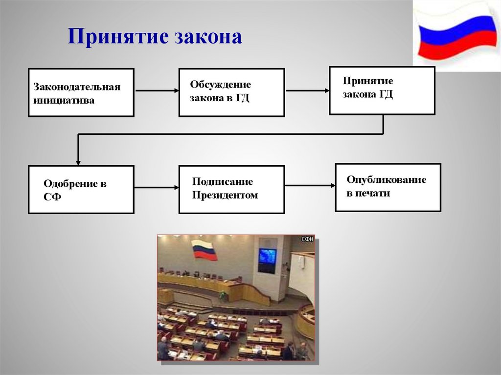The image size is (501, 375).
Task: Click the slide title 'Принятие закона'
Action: point(155,37)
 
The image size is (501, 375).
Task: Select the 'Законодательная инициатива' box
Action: point(81,92)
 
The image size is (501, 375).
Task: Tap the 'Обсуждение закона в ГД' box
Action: point(231,92)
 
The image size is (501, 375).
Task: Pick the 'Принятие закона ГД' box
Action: point(382,90)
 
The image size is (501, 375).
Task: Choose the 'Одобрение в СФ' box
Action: point(81,190)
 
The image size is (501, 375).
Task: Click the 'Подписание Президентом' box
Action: point(231,190)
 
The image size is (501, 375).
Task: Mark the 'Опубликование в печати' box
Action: point(387,187)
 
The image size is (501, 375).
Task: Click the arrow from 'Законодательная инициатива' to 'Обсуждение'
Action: point(156,90)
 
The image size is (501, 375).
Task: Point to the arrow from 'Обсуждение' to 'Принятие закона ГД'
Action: point(307,90)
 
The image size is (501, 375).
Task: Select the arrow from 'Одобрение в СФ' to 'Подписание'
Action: point(156,187)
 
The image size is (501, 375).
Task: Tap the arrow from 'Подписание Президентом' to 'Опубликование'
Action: point(310,185)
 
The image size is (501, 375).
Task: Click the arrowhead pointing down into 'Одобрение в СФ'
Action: point(78,162)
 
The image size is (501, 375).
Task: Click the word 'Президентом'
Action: point(225,196)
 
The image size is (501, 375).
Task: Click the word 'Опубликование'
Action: point(386,179)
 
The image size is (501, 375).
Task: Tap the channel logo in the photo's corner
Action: point(307,239)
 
